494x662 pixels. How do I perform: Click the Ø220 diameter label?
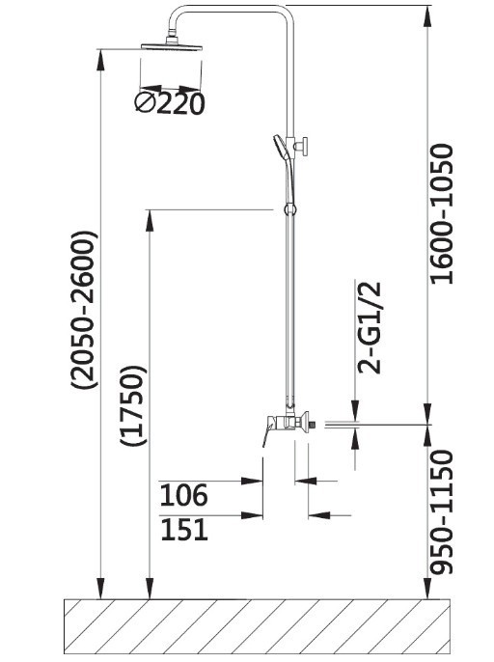click(170, 104)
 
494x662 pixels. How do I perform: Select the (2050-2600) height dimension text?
click(85, 310)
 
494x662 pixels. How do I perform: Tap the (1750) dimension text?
click(133, 405)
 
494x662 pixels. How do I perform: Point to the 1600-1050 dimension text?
click(443, 214)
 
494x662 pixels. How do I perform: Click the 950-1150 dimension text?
click(443, 512)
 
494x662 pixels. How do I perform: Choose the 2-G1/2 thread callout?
click(370, 328)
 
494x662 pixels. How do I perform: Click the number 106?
click(184, 495)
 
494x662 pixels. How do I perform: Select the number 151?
click(184, 530)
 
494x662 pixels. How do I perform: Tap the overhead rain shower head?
click(172, 45)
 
